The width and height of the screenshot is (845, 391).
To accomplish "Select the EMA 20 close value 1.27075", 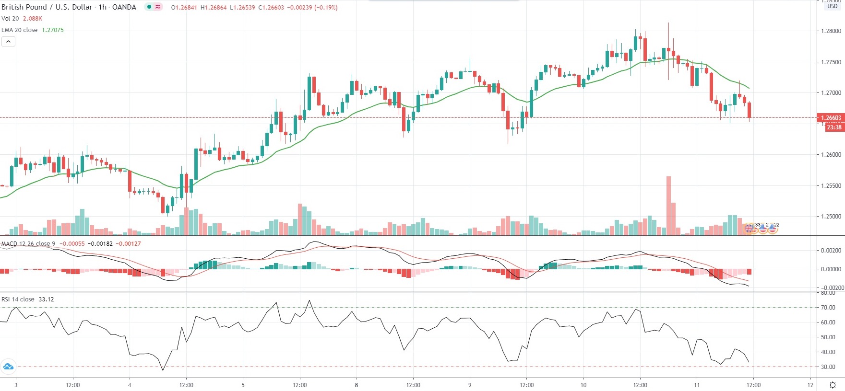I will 53,30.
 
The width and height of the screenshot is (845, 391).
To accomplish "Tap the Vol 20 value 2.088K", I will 33,19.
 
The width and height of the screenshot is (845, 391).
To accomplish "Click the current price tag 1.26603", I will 831,118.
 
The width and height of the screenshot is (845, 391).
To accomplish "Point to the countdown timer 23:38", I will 834,127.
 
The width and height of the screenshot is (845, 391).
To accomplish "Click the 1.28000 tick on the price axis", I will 831,31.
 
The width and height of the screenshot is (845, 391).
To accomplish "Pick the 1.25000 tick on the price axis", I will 831,217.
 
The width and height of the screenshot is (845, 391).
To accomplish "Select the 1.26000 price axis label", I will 831,155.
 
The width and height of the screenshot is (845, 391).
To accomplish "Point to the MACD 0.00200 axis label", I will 831,251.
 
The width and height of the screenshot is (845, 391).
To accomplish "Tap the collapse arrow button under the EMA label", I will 8,42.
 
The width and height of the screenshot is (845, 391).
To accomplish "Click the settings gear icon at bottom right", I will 833,385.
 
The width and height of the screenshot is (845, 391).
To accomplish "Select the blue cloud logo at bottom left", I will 8,367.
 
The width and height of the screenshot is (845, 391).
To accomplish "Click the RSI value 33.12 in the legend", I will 46,299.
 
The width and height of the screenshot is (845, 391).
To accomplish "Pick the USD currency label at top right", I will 832,6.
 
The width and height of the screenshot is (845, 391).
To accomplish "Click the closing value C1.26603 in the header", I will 271,8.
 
